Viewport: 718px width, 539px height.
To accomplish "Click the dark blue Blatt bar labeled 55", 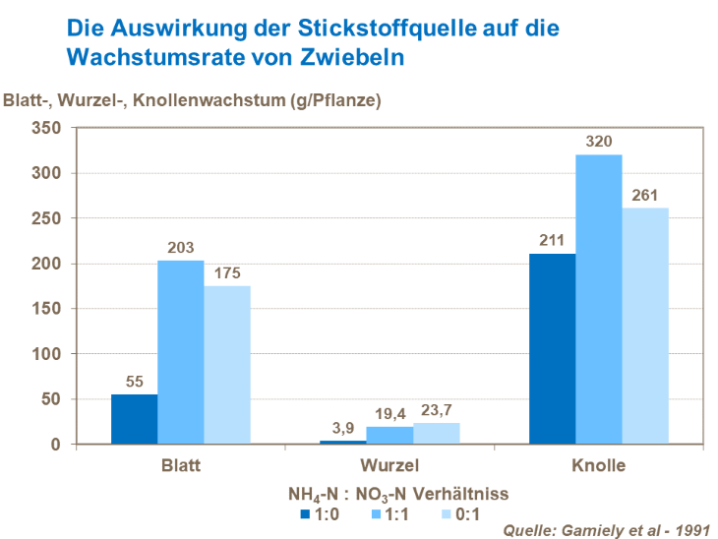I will [134, 419].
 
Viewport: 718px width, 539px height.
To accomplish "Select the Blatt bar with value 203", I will [181, 352].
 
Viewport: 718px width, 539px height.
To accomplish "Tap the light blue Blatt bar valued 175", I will [227, 365].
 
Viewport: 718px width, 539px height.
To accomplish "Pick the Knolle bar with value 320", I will [599, 299].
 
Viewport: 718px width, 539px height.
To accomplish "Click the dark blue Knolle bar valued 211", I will [552, 348].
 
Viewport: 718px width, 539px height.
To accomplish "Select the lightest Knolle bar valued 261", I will [645, 326].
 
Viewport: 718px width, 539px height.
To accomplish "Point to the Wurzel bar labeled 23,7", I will [436, 434].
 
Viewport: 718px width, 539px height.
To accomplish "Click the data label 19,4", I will [390, 415].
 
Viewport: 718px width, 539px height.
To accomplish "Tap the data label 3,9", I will [343, 429].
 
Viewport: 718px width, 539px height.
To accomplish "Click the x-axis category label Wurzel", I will [389, 465].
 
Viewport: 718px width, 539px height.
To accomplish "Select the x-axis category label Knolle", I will [598, 465].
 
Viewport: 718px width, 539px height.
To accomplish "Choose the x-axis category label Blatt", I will [181, 465].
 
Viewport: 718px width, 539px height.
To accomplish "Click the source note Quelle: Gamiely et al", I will [606, 530].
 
